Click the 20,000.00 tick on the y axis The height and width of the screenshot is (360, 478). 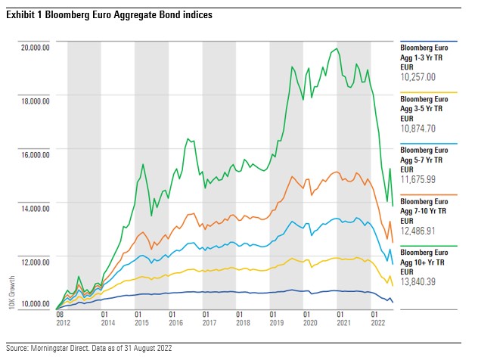pyautogui.click(x=34, y=47)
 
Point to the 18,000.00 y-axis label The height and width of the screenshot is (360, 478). pyautogui.click(x=34, y=100)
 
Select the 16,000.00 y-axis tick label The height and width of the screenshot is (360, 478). pyautogui.click(x=34, y=154)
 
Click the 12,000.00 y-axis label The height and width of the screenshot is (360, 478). pyautogui.click(x=34, y=261)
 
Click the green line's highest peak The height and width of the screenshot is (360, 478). pyautogui.click(x=335, y=49)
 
